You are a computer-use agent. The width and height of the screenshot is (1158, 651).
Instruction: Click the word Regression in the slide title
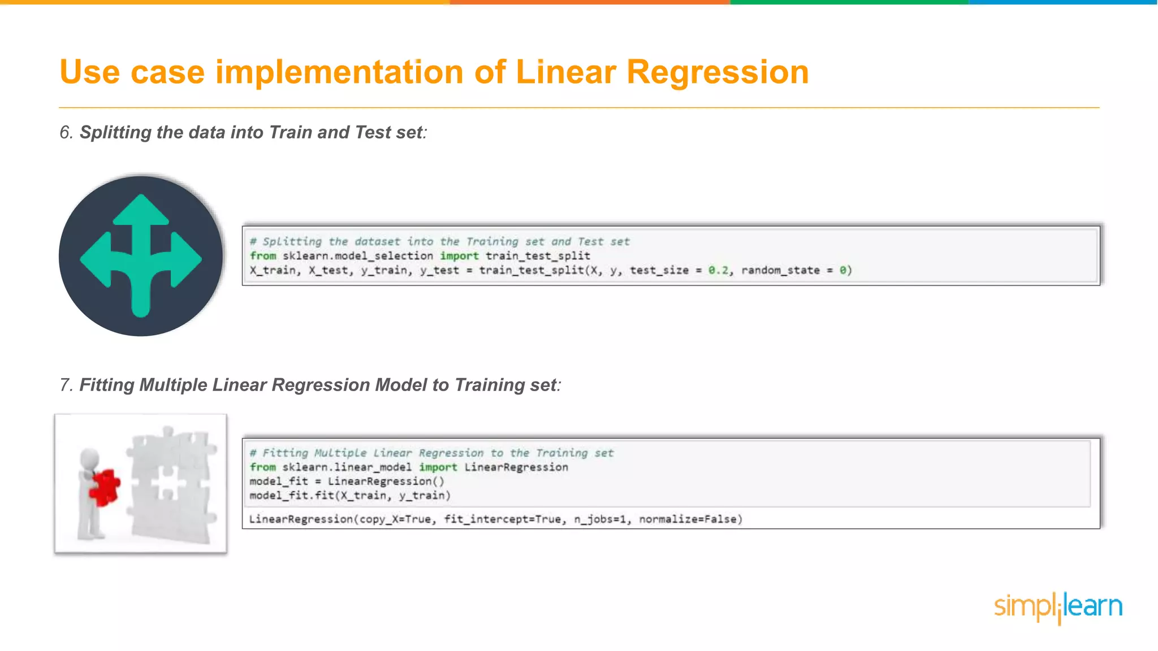tap(718, 73)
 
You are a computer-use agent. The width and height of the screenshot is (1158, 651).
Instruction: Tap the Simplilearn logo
tap(1058, 607)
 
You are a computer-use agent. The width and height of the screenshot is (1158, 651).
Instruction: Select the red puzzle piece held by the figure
tap(105, 487)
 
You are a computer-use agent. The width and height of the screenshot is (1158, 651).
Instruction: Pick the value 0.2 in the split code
tap(718, 271)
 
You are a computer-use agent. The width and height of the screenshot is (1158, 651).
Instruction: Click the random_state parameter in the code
tap(780, 271)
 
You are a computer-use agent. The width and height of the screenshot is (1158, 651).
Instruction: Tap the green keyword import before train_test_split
tap(459, 256)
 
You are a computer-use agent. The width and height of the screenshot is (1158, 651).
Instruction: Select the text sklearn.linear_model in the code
tap(347, 467)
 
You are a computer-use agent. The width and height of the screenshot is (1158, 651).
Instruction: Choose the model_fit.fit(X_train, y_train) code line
tap(350, 496)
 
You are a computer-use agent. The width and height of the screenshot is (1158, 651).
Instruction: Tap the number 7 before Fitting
tap(65, 385)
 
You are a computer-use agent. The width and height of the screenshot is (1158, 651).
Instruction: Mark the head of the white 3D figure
tap(89, 456)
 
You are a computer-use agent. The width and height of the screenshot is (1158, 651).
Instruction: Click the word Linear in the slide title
tap(565, 73)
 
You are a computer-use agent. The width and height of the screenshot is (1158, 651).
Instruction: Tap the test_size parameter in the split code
tap(659, 271)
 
